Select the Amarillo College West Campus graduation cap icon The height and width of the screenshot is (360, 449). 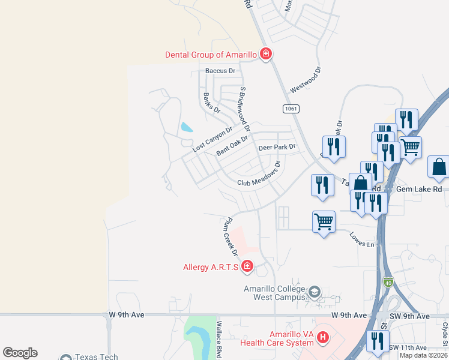pyautogui.click(x=313, y=292)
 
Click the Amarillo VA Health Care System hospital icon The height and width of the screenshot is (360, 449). pyautogui.click(x=323, y=338)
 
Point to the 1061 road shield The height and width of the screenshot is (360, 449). pyautogui.click(x=291, y=109)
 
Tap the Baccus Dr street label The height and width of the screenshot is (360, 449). pyautogui.click(x=220, y=71)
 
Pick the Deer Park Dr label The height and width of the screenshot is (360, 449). pyautogui.click(x=277, y=147)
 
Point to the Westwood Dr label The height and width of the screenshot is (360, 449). pyautogui.click(x=306, y=79)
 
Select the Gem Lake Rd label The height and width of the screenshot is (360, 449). pyautogui.click(x=420, y=188)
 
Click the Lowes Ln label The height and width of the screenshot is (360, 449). pyautogui.click(x=362, y=240)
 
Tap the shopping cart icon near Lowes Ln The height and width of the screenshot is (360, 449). pyautogui.click(x=324, y=222)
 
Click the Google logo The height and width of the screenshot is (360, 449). pyautogui.click(x=20, y=353)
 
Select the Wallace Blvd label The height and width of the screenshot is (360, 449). pyautogui.click(x=220, y=340)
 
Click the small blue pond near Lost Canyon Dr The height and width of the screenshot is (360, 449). pyautogui.click(x=187, y=127)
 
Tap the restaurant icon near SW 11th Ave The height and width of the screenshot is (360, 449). pyautogui.click(x=378, y=341)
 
